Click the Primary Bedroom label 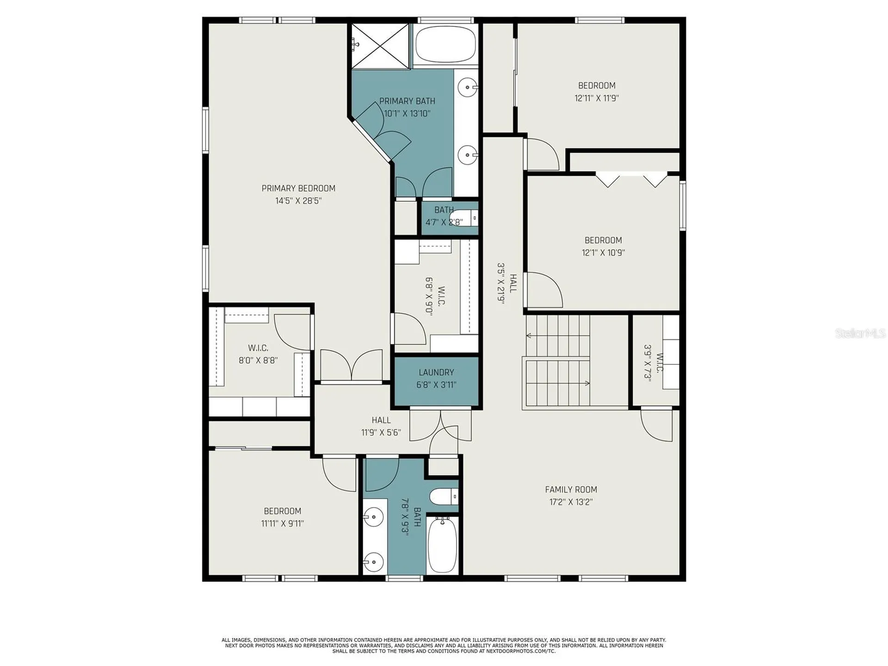(298, 188)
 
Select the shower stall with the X (380, 46)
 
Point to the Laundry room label (436, 372)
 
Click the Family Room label (571, 489)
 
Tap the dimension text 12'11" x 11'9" (597, 98)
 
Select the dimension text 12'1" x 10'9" (603, 253)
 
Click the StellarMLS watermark (860, 333)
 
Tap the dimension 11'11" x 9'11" (282, 524)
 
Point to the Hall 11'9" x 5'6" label (381, 426)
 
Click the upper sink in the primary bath (468, 86)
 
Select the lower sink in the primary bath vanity (468, 154)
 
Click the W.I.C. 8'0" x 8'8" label (258, 354)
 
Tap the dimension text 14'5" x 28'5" (298, 201)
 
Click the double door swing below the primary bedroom (351, 365)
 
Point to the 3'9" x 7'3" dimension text (647, 362)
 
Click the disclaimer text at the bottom (444, 646)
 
